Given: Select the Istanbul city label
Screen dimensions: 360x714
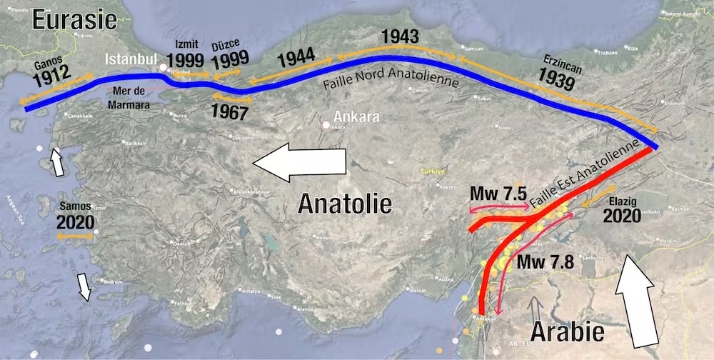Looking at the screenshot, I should coord(131,59).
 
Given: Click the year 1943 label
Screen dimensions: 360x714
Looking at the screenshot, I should coord(400,36).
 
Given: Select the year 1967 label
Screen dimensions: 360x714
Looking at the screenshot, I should coord(230,111).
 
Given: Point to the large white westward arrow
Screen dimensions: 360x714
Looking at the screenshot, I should coord(299,161).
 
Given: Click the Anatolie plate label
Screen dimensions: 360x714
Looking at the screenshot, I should coord(345,204).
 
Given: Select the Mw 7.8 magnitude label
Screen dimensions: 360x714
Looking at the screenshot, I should coord(546,261).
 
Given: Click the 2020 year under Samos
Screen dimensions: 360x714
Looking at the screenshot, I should coord(75,222).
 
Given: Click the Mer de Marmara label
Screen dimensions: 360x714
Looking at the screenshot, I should coord(130,97).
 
